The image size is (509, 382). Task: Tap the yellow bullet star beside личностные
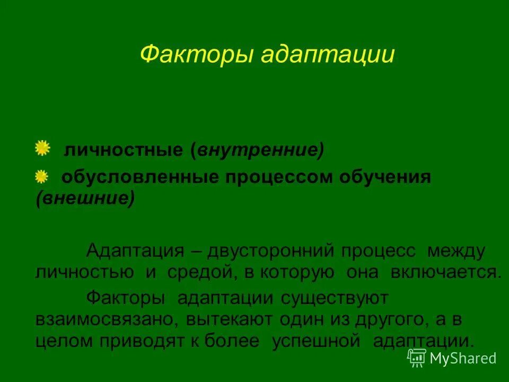pyautogui.click(x=42, y=149)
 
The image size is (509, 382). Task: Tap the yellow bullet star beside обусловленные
pyautogui.click(x=41, y=177)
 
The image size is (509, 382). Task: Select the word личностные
pyautogui.click(x=123, y=151)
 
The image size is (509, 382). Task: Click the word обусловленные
pyautogui.click(x=138, y=178)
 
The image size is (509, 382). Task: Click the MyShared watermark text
pyautogui.click(x=463, y=358)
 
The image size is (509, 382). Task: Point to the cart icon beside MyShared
pyautogui.click(x=417, y=358)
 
